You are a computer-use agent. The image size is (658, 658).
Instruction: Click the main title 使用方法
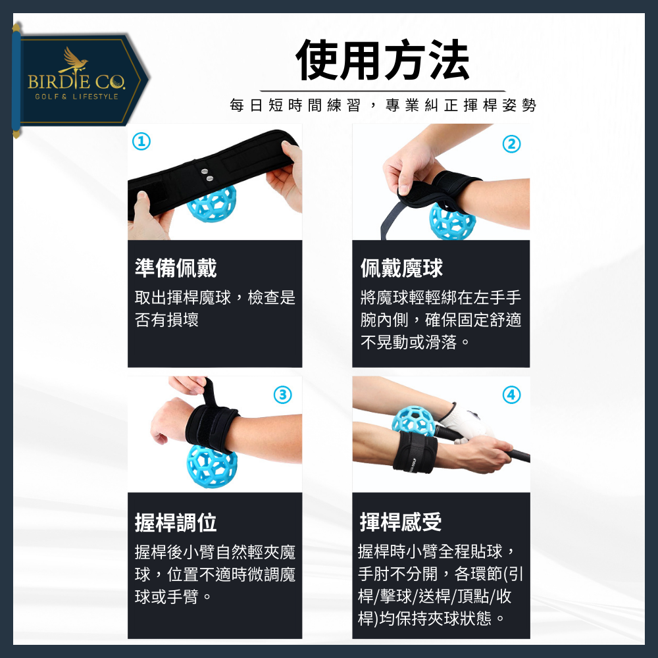tap(383, 61)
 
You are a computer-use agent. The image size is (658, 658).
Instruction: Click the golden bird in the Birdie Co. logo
tap(73, 61)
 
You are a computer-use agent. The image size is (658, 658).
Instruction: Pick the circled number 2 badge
tap(511, 144)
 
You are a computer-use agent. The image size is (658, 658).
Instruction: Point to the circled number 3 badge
tap(282, 395)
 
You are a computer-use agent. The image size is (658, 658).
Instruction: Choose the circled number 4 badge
tap(511, 395)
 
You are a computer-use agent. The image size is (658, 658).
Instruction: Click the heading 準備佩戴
tap(176, 268)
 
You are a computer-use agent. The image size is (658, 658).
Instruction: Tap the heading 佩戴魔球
tap(401, 268)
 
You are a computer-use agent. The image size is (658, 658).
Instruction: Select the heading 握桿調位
tap(176, 522)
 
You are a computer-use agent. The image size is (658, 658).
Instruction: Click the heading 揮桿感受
tap(401, 522)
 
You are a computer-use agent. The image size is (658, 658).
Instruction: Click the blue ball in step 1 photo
tap(211, 203)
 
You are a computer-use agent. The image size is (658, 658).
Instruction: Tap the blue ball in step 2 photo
tap(452, 220)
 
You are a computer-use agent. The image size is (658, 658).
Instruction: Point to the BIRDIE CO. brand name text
tap(76, 82)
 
